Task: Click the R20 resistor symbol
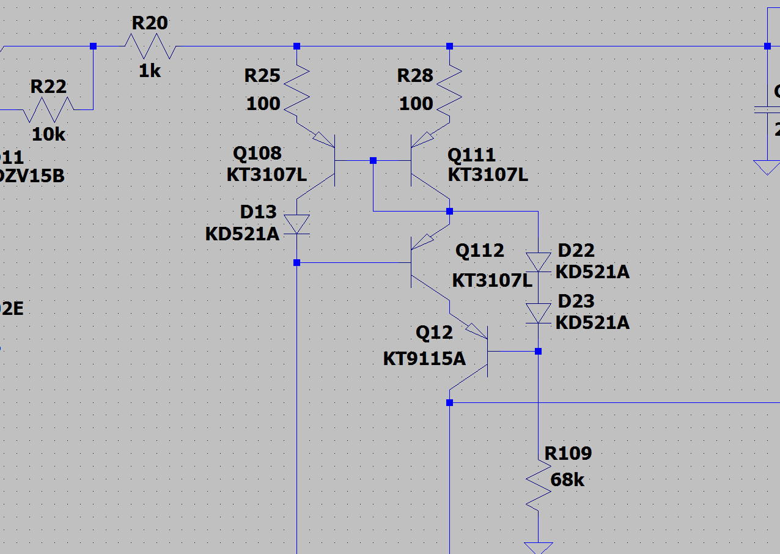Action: (x=150, y=46)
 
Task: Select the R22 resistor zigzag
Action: (x=48, y=110)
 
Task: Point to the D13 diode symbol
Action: (x=297, y=224)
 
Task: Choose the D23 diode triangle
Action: (x=538, y=314)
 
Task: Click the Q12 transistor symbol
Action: (x=474, y=355)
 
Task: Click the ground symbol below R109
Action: (x=538, y=547)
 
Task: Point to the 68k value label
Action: (x=567, y=480)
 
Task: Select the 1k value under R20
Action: (x=150, y=71)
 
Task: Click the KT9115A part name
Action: (x=424, y=358)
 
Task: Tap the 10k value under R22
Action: (x=48, y=135)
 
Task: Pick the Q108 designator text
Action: (x=257, y=153)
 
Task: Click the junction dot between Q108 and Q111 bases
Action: (x=373, y=160)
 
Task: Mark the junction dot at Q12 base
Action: (x=538, y=351)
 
